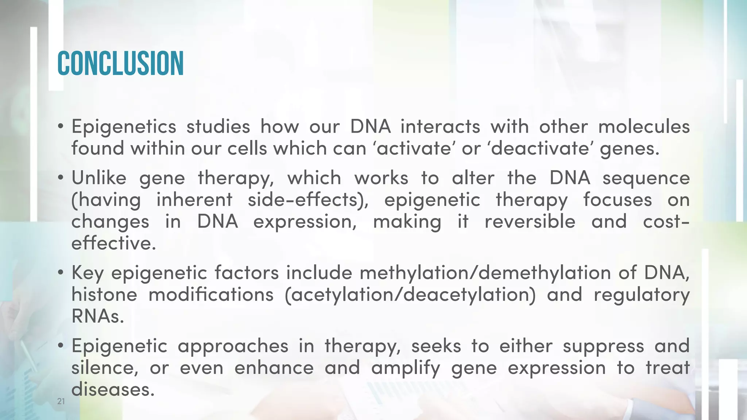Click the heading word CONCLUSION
click(x=120, y=63)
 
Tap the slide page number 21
click(x=61, y=401)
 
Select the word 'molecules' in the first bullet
click(x=644, y=127)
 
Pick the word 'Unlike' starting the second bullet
click(x=99, y=178)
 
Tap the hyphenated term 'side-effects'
click(x=308, y=200)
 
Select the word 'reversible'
click(x=530, y=222)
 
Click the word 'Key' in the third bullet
click(x=88, y=273)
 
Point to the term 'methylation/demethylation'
click(x=485, y=273)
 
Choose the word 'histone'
click(x=104, y=295)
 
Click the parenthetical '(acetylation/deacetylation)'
click(x=410, y=295)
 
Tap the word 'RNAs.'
click(x=98, y=316)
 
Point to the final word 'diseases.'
click(x=111, y=390)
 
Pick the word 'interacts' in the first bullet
click(x=440, y=127)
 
